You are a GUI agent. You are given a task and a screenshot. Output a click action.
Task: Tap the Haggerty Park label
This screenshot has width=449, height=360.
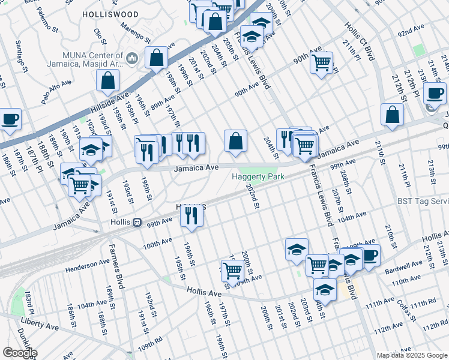pos(258,176)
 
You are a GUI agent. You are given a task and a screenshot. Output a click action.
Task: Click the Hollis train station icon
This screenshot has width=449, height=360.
pos(137,222)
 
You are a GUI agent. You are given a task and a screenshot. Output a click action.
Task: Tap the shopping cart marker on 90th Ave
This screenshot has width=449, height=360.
pos(322,61)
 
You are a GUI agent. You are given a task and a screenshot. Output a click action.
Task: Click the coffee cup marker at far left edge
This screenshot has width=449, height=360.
pos(9,119)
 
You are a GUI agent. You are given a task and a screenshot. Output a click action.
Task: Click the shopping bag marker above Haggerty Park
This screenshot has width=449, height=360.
pos(237,141)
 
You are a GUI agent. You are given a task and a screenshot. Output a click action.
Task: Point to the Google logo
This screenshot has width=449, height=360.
pos(19,353)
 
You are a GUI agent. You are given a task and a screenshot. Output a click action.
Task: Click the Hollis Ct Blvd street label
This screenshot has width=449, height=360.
pos(360,42)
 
